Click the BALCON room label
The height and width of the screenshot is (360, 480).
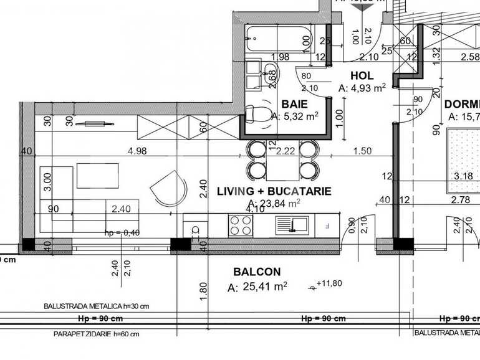[x=257, y=272]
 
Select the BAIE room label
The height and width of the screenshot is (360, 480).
[x=294, y=103]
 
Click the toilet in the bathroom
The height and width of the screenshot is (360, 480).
[x=256, y=114]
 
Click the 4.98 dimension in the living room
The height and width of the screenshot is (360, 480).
[x=137, y=150]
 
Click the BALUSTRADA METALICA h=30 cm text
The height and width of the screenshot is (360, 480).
[x=96, y=306]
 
